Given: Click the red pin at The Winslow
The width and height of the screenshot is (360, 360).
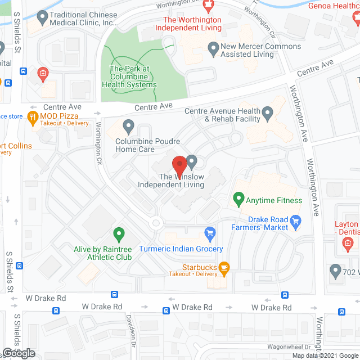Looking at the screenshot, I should click(179, 165).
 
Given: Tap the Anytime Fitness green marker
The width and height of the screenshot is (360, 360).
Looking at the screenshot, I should click(238, 200).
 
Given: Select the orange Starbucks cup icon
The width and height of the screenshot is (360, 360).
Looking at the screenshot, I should click(224, 269).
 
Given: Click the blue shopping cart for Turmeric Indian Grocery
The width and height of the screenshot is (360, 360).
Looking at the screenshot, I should click(210, 233).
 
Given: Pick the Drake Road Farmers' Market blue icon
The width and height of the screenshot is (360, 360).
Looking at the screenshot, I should click(297, 223).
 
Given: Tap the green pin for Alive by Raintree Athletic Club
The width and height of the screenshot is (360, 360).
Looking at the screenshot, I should click(119, 233).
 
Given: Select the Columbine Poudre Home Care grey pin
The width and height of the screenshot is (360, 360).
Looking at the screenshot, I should click(129, 125).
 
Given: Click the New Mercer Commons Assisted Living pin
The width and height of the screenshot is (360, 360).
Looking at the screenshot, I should click(213, 49).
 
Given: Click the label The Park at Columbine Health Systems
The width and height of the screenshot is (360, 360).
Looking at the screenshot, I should click(129, 77).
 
